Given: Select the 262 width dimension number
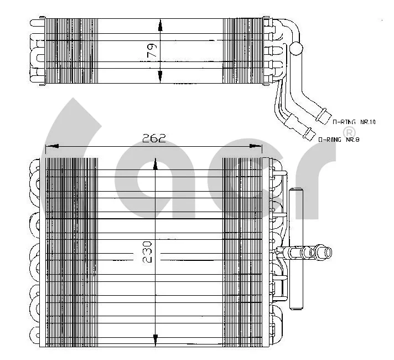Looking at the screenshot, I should click(x=154, y=138).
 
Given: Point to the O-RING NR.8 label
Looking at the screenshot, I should click(x=339, y=140).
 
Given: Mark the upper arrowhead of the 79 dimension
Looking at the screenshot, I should click(x=160, y=24).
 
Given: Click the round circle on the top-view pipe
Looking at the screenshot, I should click(x=297, y=49).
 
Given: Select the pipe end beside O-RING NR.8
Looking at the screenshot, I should click(x=306, y=133).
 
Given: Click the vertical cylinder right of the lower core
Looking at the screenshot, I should click(x=297, y=249).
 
